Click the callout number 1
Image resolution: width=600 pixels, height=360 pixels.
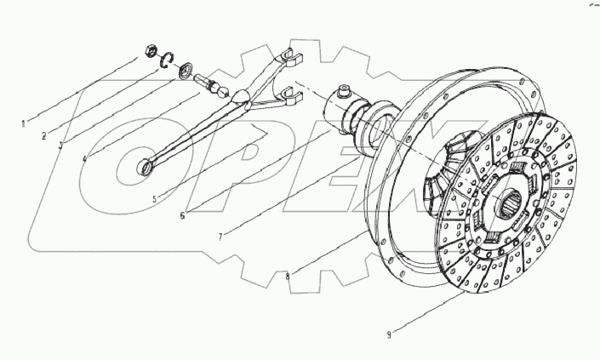[x=23, y=123]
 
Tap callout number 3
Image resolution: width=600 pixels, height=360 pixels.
[x=60, y=145]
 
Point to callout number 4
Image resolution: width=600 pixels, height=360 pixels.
[x=84, y=158]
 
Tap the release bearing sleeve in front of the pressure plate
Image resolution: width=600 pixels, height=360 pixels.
[x=357, y=119]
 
